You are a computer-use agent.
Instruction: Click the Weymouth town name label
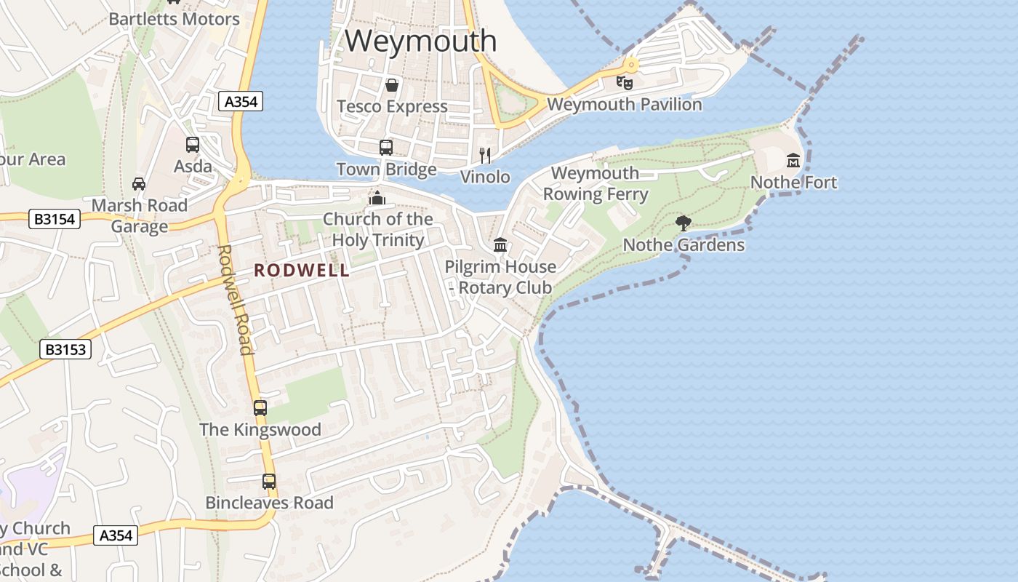click(x=421, y=41)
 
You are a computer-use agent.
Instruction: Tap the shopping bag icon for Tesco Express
click(x=392, y=85)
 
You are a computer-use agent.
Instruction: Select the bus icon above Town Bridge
click(x=386, y=148)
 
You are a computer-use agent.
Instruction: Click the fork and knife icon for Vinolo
click(x=485, y=155)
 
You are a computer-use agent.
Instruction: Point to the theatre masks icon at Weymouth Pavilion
click(x=625, y=82)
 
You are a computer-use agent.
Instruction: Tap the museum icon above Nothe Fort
click(x=793, y=160)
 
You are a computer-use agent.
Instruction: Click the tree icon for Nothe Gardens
click(x=683, y=223)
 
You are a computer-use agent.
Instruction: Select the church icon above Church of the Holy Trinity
click(x=377, y=197)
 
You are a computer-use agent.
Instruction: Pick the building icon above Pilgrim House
click(x=500, y=245)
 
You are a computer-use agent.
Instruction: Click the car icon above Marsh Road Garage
click(x=139, y=183)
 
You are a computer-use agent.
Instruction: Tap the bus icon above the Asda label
click(x=193, y=145)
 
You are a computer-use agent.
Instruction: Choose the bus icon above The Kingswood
click(x=260, y=408)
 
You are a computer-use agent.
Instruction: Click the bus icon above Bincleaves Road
click(x=269, y=481)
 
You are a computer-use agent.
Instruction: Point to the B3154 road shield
click(x=55, y=218)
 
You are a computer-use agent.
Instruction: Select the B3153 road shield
click(x=65, y=350)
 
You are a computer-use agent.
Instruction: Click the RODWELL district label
click(x=302, y=271)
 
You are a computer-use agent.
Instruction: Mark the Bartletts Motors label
click(x=175, y=19)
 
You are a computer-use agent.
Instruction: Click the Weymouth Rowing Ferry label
click(x=596, y=184)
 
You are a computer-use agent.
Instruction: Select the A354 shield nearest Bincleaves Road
click(x=116, y=536)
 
